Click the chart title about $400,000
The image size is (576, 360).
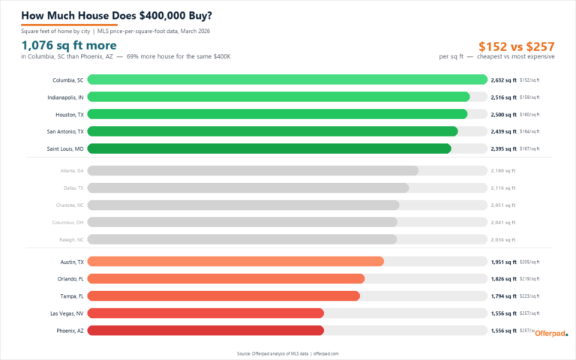point(116,15)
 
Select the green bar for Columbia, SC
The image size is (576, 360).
point(287,79)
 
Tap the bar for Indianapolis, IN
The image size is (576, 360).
point(278,97)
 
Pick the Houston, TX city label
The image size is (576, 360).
point(70,114)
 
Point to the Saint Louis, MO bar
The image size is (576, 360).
point(269,148)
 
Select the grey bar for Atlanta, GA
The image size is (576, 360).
point(253,170)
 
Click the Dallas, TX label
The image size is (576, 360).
point(73,187)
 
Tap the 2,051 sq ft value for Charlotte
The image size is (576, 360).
point(502,205)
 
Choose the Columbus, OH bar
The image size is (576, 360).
point(242,222)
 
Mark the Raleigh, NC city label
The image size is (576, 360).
point(72,239)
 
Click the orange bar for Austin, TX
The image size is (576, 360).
point(235,262)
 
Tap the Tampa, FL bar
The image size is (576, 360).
point(223,296)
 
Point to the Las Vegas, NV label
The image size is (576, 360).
point(67,313)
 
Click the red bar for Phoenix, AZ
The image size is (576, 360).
point(205,330)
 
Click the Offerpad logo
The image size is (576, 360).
point(551,334)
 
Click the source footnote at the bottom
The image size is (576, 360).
point(287,352)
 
